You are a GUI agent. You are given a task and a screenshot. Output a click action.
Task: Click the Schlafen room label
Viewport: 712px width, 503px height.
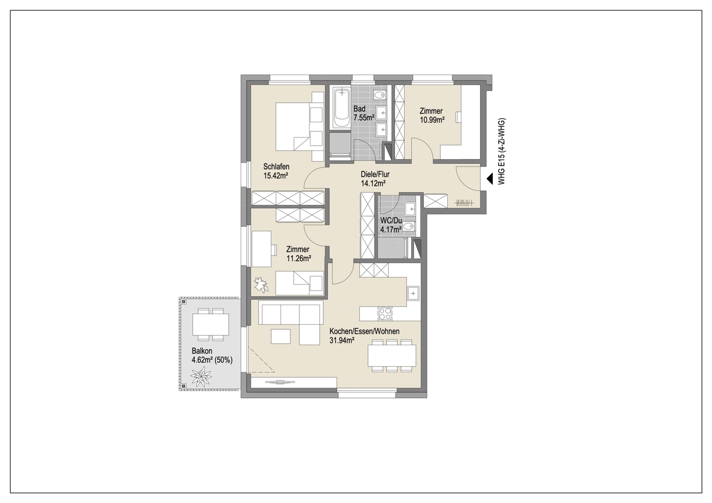click(276, 166)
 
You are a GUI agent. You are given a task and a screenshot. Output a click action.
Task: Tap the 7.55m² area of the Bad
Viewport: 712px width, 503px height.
click(364, 118)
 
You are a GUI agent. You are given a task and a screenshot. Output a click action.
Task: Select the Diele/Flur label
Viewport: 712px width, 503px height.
click(375, 174)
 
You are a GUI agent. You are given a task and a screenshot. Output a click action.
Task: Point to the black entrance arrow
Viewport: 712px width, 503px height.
click(490, 179)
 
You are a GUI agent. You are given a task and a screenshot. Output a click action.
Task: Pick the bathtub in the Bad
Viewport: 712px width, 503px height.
click(341, 108)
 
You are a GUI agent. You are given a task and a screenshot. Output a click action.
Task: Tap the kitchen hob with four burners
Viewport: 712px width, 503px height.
click(385, 314)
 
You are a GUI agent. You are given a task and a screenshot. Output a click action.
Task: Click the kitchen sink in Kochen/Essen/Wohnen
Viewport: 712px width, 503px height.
click(413, 293)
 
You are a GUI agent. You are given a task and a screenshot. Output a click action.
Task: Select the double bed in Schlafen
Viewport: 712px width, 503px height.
click(293, 126)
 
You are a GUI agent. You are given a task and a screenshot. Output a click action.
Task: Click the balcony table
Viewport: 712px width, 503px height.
click(210, 324)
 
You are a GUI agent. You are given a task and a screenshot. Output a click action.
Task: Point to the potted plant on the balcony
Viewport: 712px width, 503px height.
click(201, 377)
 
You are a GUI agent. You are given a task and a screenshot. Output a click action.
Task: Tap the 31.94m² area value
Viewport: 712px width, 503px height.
click(342, 341)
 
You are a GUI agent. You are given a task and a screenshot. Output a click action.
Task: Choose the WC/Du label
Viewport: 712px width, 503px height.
click(391, 220)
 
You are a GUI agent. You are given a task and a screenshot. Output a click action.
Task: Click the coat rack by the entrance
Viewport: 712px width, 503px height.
click(465, 202)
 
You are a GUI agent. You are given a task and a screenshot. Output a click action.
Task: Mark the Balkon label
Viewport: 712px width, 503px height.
click(202, 351)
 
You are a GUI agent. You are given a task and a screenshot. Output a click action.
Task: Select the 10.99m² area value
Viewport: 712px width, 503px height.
click(432, 120)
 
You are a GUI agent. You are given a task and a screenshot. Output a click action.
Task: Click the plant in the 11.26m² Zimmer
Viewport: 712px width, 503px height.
click(261, 285)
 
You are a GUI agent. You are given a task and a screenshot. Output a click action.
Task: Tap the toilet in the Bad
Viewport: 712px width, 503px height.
click(380, 95)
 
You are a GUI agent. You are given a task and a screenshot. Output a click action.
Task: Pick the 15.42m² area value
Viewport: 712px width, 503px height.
click(275, 176)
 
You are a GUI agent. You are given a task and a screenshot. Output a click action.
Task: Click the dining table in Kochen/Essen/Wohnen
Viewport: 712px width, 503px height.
click(391, 355)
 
